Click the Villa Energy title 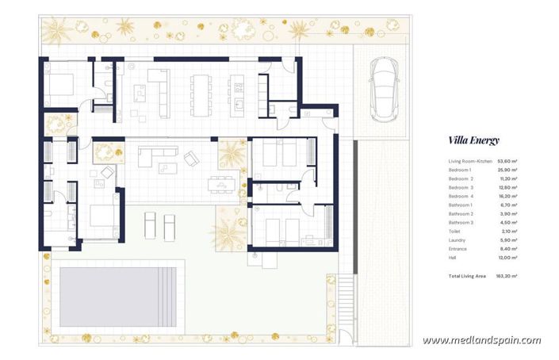coord(474,140)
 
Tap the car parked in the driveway coord(384,90)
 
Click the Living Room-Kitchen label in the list coord(470,162)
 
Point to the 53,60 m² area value coord(507,162)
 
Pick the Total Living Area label coord(467,276)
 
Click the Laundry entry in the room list coord(457,240)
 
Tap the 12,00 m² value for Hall coord(507,258)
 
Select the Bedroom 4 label coord(461,197)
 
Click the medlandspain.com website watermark coord(481,340)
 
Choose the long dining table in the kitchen coord(201,95)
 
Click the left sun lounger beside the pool coord(150,225)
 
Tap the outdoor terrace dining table coord(222,185)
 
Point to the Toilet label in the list coord(454,232)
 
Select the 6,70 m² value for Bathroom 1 coord(508,205)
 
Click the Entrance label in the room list coord(458,249)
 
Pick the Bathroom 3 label coord(461,223)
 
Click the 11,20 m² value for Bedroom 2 coord(507,179)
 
